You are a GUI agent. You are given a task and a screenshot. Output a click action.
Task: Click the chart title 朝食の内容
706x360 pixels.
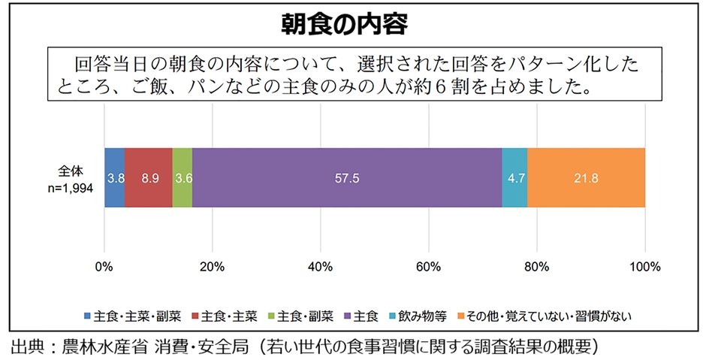(x=354, y=25)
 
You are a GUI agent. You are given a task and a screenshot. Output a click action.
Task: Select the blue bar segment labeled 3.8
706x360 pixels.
(x=115, y=178)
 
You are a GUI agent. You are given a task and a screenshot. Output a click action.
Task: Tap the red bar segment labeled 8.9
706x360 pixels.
(x=149, y=178)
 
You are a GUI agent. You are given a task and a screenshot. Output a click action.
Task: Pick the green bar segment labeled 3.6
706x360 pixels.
(x=183, y=178)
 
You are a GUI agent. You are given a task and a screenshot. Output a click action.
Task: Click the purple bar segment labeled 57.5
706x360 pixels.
(x=347, y=178)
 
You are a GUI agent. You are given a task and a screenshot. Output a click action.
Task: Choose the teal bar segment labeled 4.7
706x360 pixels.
(x=514, y=178)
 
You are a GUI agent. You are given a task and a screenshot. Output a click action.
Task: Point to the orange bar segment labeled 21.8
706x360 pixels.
(x=586, y=178)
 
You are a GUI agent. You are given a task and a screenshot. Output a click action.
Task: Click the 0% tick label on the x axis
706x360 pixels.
(x=104, y=267)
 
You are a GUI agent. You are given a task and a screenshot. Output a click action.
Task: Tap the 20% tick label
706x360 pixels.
(x=213, y=267)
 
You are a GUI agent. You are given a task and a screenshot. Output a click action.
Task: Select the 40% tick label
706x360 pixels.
(x=321, y=267)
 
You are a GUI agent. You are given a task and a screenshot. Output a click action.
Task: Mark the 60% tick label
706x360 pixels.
(x=429, y=267)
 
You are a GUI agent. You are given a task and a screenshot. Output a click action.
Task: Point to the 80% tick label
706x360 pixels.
(x=537, y=267)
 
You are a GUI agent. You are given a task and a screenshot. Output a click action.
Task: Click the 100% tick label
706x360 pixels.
(x=645, y=267)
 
